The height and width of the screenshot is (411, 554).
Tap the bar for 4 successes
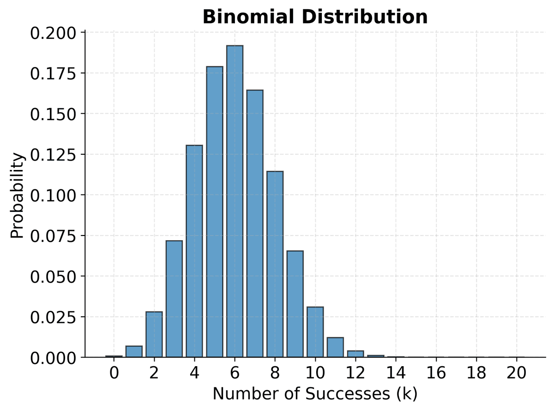tap(194, 251)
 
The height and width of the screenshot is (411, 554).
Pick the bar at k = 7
tap(255, 224)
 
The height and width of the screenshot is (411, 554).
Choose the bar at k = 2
tap(154, 334)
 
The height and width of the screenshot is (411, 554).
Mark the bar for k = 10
tap(315, 332)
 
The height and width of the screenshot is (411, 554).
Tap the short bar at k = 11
tap(335, 347)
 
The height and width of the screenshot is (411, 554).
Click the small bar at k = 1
tap(134, 351)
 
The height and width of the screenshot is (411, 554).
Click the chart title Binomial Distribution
tap(315, 17)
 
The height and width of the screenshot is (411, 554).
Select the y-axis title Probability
tap(17, 195)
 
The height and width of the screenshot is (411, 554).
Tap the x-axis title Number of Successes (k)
tap(315, 393)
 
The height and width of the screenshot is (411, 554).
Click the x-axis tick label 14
tap(396, 372)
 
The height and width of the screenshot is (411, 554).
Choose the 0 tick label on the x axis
tap(114, 372)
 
